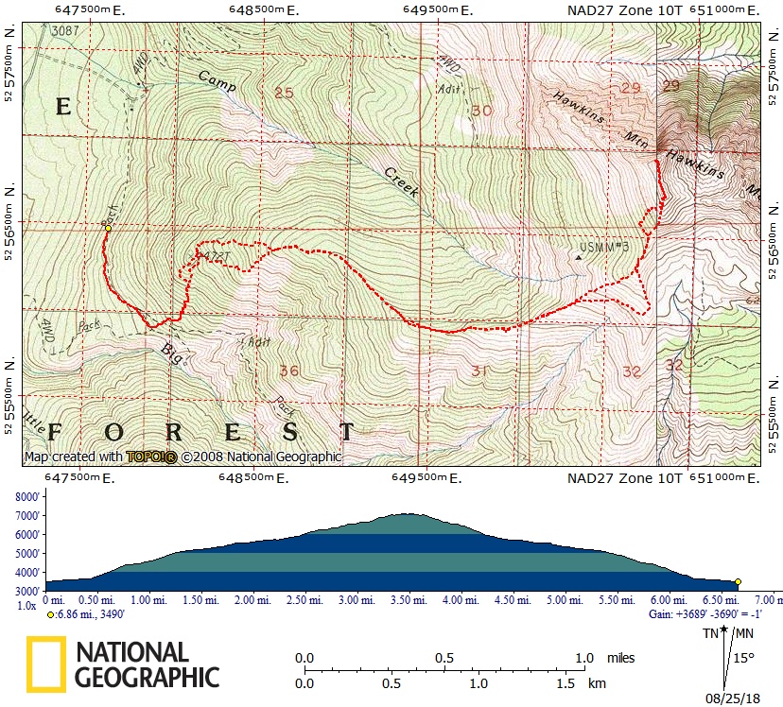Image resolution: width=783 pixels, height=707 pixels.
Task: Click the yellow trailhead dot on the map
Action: click(109, 228)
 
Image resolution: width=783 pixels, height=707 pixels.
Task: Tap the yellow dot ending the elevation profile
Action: click(738, 582)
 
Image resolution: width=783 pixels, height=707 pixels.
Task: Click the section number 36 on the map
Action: click(289, 371)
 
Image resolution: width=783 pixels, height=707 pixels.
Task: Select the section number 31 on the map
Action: click(479, 371)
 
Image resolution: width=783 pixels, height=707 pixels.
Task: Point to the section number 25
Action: click(284, 92)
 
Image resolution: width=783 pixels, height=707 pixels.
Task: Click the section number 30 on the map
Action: click(482, 111)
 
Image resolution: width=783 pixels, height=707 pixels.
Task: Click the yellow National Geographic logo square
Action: click(45, 664)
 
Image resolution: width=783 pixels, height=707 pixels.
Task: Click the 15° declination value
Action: click(744, 658)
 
